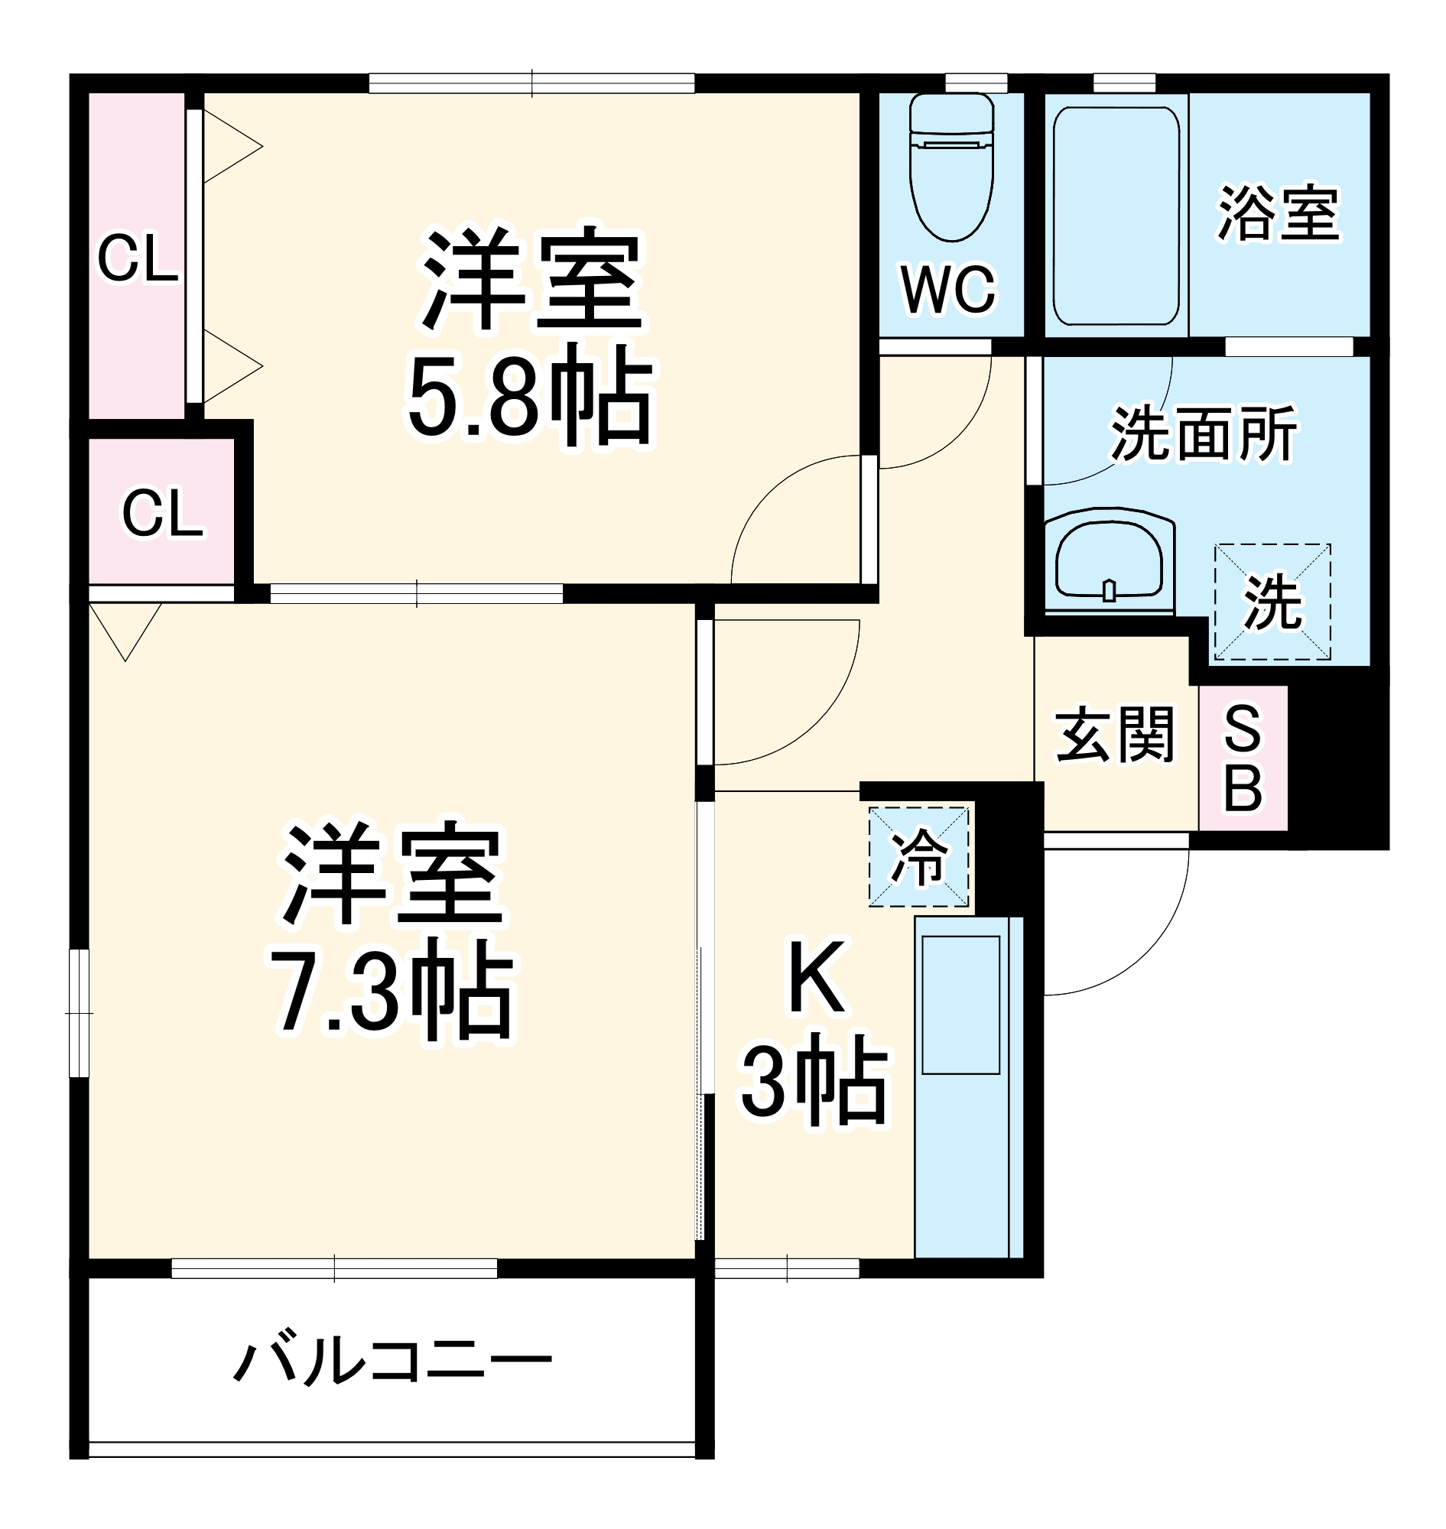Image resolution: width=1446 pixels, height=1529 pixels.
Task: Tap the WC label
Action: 949,290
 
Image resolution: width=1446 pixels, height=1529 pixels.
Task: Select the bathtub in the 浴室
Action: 1116,216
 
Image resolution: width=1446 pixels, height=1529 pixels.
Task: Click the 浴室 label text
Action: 1279,213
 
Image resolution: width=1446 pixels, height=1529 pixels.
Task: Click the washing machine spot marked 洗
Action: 1272,602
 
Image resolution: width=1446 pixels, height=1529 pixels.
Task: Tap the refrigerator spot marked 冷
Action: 919,856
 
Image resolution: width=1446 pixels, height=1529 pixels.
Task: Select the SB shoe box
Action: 1243,758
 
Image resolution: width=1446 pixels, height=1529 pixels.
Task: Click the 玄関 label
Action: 1115,735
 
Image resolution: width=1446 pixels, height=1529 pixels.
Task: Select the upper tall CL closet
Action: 136,257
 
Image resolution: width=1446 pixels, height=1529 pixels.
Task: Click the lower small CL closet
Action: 162,511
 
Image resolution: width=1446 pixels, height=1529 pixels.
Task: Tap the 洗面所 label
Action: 1203,435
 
